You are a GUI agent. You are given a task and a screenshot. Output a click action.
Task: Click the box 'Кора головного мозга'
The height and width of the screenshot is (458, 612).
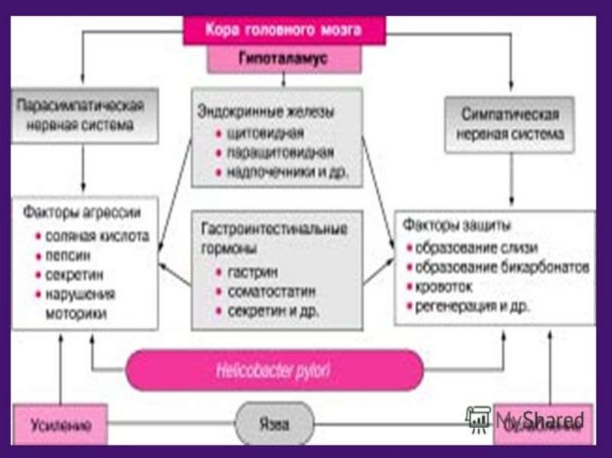(284, 30)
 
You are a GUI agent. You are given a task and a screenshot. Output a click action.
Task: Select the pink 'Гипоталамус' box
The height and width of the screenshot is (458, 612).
(284, 59)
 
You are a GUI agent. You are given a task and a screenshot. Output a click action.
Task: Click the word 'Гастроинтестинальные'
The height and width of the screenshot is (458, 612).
(274, 229)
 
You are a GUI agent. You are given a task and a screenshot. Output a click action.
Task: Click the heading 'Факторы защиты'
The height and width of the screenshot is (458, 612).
(457, 226)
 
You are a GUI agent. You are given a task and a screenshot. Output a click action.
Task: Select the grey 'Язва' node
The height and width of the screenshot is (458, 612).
(274, 424)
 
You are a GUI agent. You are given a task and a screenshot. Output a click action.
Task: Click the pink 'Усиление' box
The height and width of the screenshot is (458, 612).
(60, 425)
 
